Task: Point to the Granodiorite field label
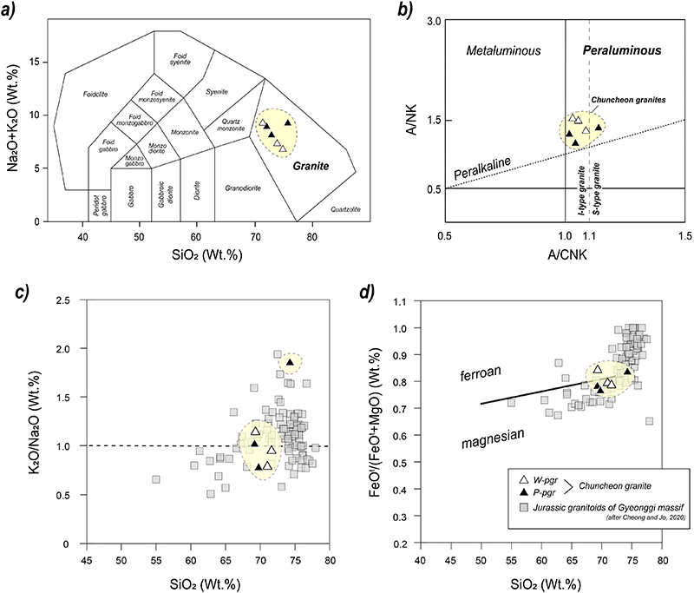tap(246, 187)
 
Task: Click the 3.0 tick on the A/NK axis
tap(432, 22)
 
